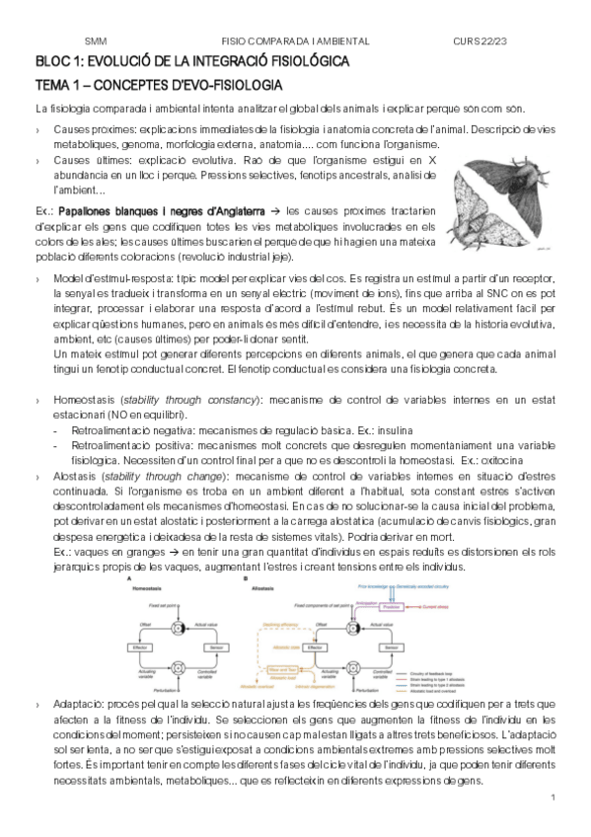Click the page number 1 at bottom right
(x=554, y=797)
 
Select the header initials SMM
(x=96, y=41)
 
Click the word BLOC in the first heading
(x=49, y=61)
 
